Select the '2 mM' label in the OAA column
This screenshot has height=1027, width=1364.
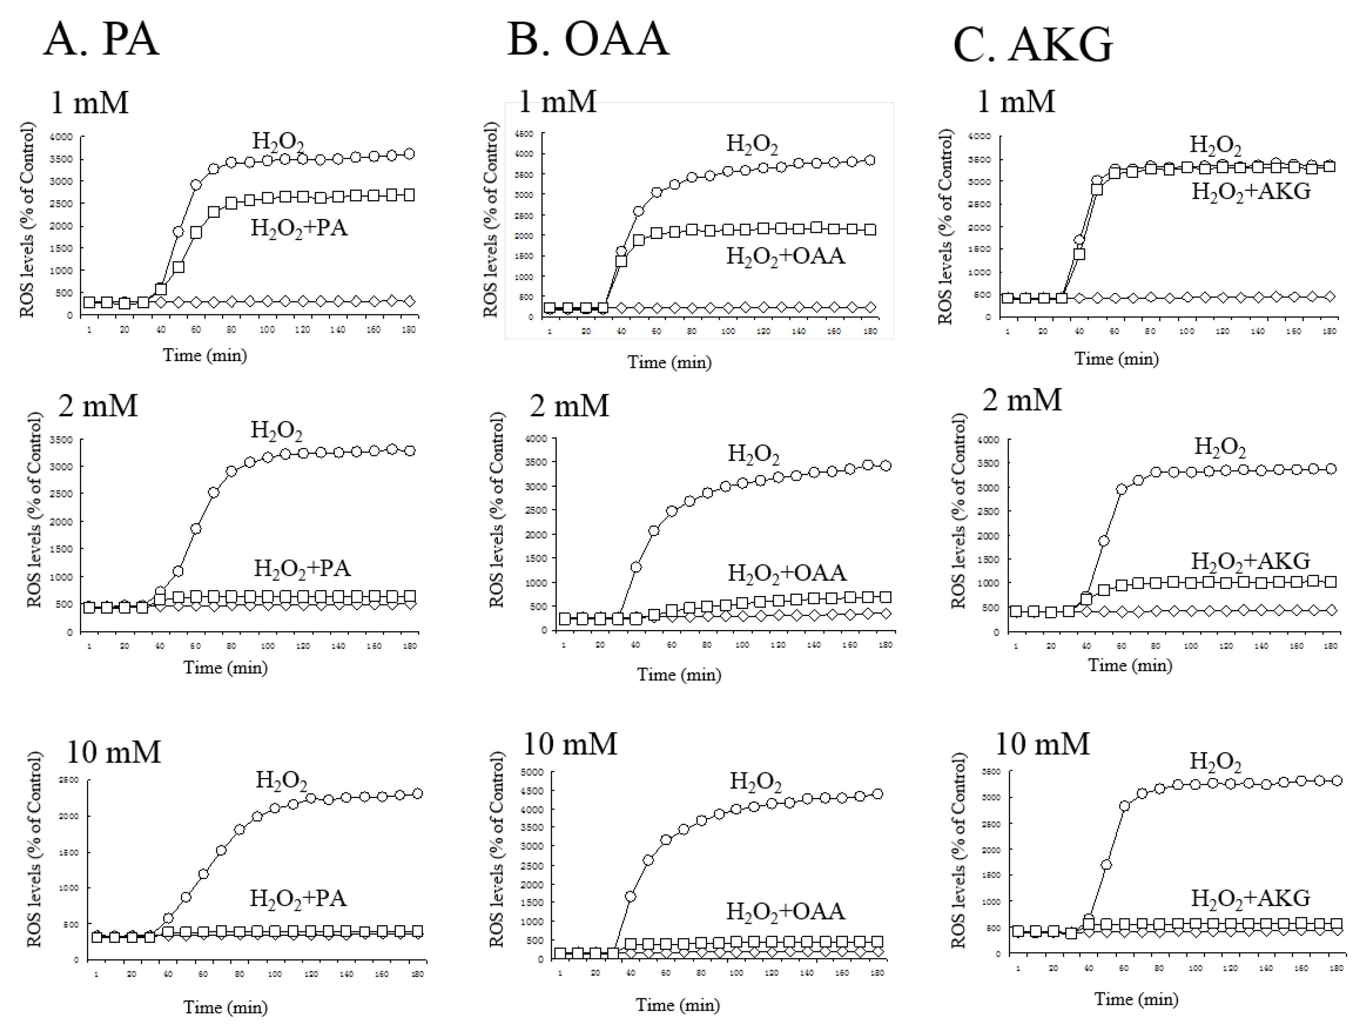coord(569,406)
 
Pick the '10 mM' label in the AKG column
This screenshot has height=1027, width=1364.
coord(1042,744)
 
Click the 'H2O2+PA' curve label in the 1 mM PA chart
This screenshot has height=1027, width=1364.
coord(299,229)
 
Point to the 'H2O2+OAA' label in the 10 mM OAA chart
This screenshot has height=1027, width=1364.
coord(785,911)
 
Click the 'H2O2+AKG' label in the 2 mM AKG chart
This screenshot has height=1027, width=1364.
coord(1250,561)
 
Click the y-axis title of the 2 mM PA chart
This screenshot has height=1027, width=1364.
coord(35,510)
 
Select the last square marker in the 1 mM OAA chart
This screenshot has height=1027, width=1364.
coord(870,229)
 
